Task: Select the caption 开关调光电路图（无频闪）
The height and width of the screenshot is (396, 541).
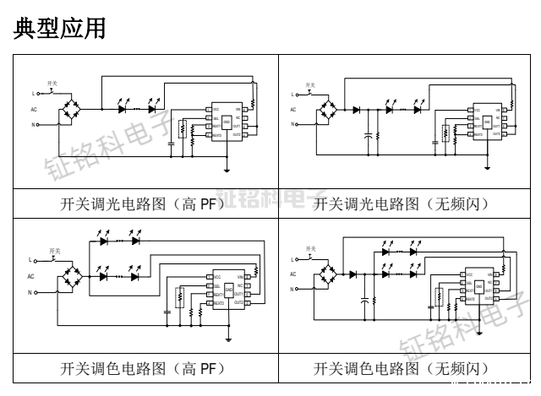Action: click(401, 203)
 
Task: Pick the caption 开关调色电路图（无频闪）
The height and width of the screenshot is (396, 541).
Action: click(401, 368)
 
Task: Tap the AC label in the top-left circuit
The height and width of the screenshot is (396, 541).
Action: click(33, 109)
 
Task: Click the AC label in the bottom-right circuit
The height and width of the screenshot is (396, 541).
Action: click(292, 275)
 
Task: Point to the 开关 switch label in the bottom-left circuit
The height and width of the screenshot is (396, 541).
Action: click(54, 251)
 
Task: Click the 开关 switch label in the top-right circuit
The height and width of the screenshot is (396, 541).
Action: click(310, 84)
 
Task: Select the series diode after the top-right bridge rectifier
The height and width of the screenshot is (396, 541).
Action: click(357, 109)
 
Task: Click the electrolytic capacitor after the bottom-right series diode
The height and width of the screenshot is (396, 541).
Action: click(367, 299)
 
